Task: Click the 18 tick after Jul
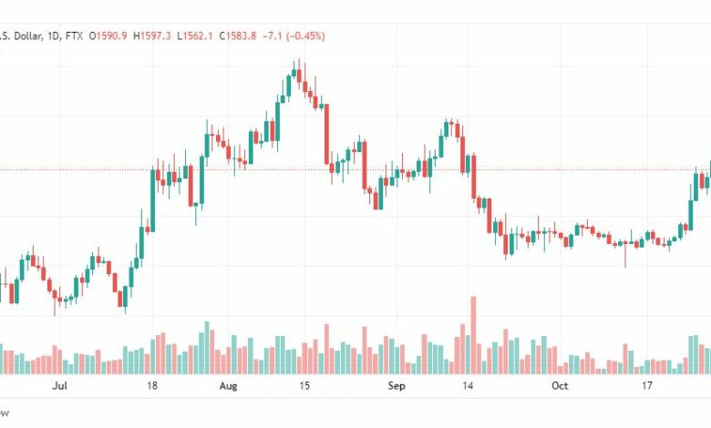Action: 153,386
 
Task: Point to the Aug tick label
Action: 228,386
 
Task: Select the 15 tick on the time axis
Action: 304,386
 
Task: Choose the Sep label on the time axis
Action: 396,386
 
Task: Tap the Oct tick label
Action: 561,386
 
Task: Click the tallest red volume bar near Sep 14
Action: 472,334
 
